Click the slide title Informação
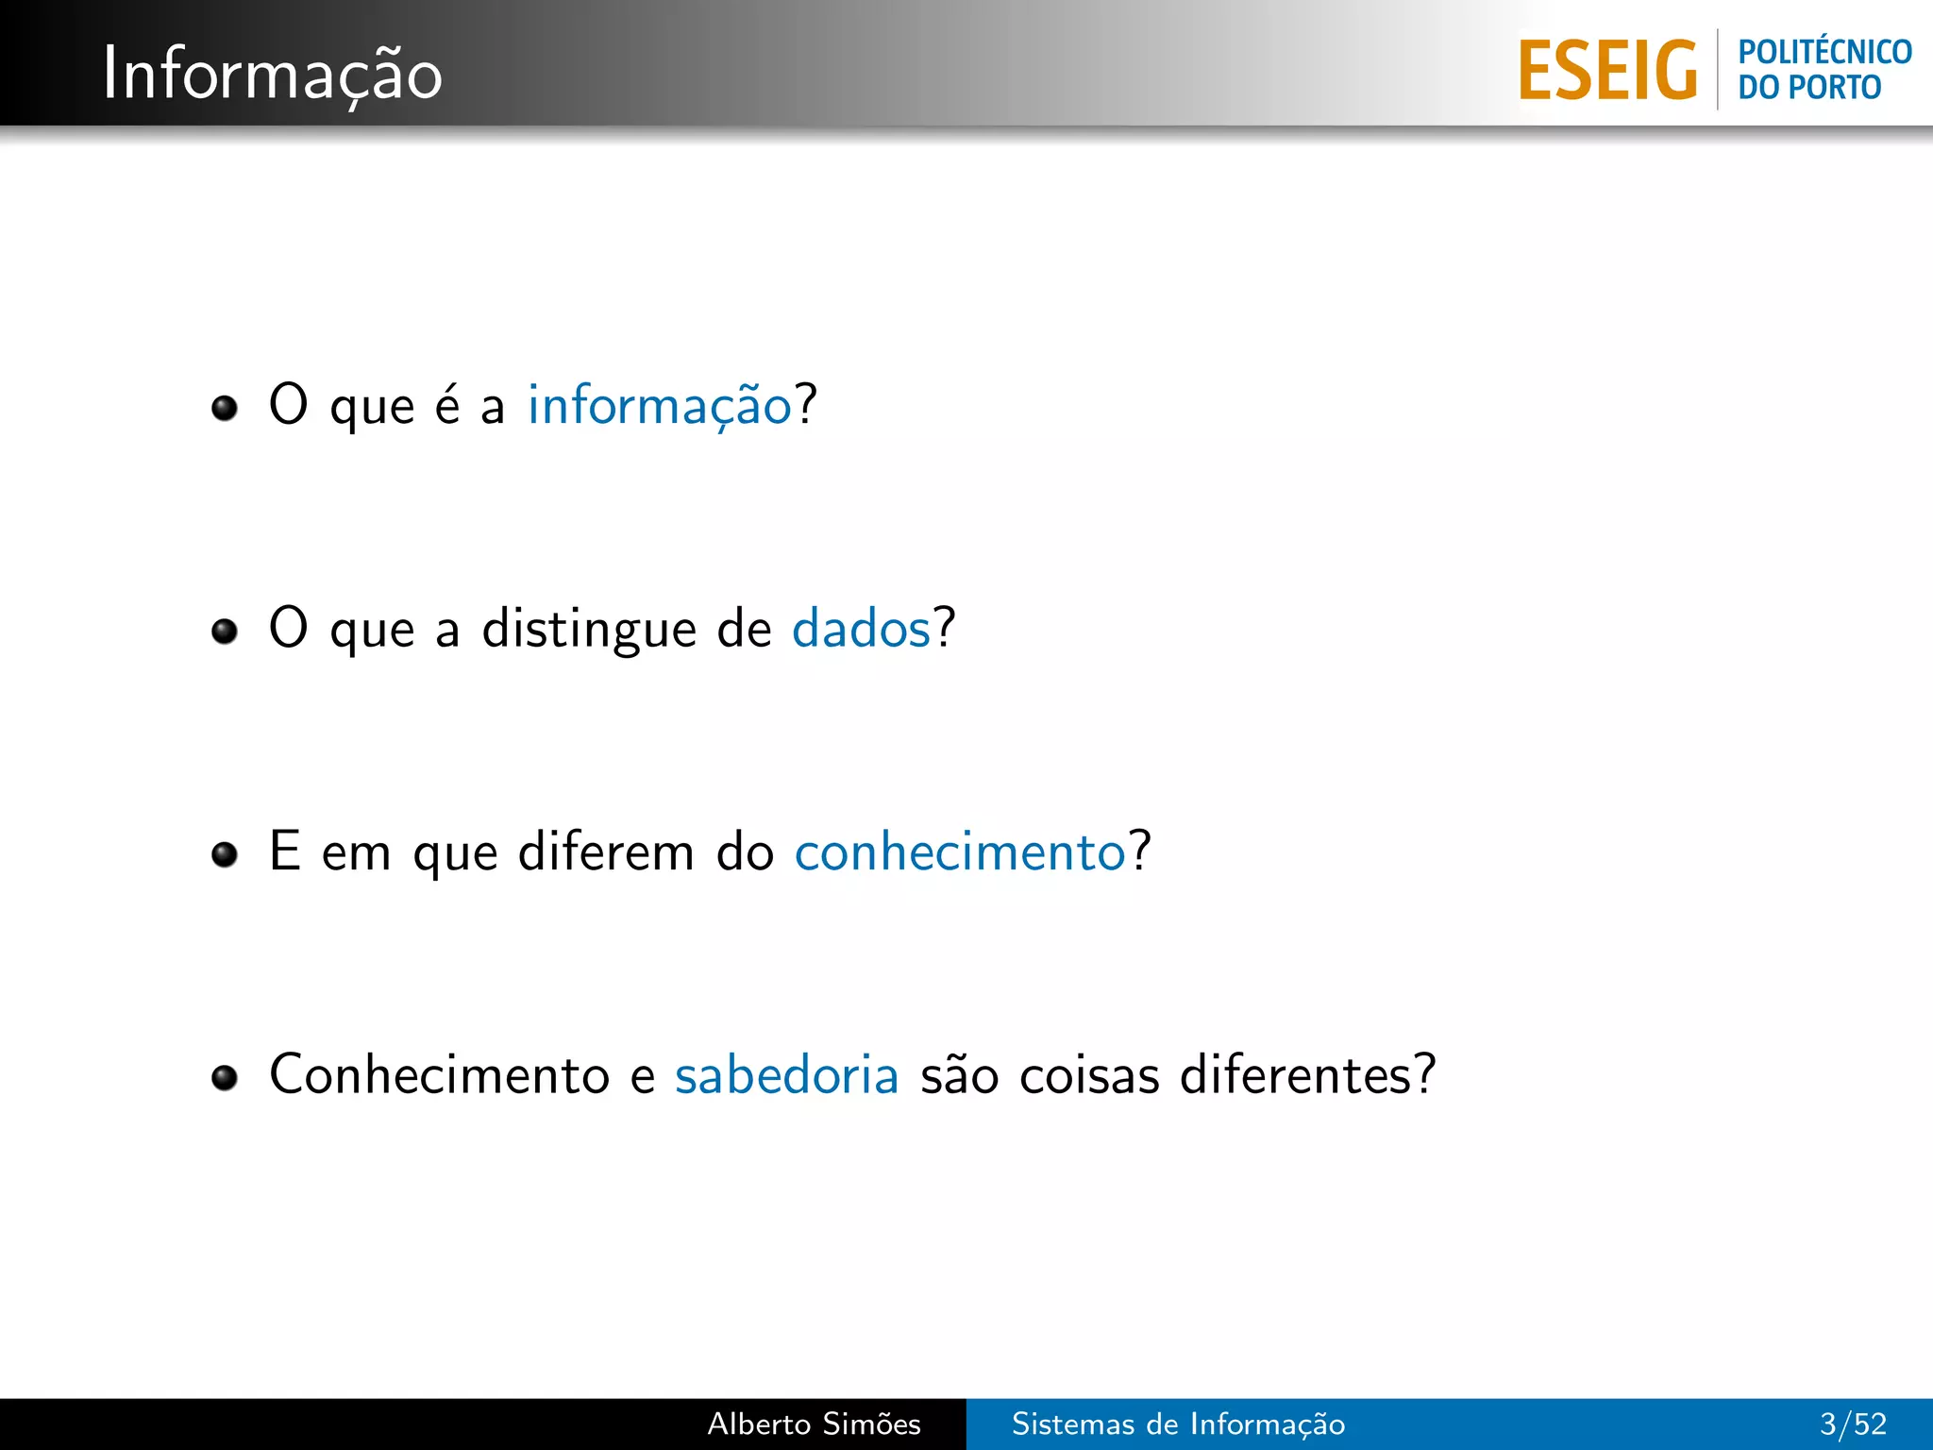272,74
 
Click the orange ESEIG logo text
1607,70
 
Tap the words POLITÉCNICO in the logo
1824,51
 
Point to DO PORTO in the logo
1809,88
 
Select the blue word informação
660,406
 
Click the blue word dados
861,629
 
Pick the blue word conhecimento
960,851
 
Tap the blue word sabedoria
786,1075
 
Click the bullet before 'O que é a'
225,408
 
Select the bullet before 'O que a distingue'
225,631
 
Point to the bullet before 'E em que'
225,854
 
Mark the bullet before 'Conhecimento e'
225,1077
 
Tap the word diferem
606,851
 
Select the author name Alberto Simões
814,1424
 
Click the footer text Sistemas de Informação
1178,1424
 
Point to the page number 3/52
1853,1424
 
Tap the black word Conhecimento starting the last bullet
439,1075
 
